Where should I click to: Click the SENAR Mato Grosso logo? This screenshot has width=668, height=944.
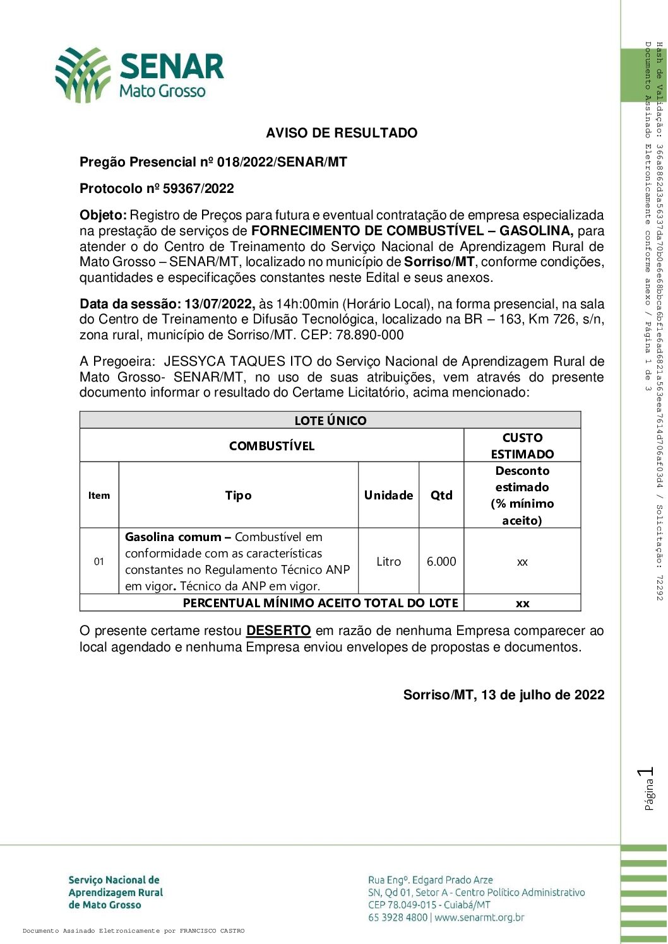pyautogui.click(x=140, y=74)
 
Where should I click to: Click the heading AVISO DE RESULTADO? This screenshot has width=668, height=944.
pyautogui.click(x=342, y=133)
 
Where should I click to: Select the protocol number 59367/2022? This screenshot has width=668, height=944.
pyautogui.click(x=198, y=189)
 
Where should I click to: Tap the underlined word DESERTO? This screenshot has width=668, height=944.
pyautogui.click(x=278, y=631)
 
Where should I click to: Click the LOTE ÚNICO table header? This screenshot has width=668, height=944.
pyautogui.click(x=330, y=421)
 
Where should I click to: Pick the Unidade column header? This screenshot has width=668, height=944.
pyautogui.click(x=388, y=495)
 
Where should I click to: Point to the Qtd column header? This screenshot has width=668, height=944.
pyautogui.click(x=441, y=495)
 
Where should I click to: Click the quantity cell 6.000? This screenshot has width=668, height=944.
pyautogui.click(x=441, y=561)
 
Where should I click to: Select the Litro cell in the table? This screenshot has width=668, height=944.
pyautogui.click(x=388, y=561)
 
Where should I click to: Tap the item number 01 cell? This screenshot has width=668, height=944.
pyautogui.click(x=99, y=561)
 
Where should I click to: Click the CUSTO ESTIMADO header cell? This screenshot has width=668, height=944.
pyautogui.click(x=522, y=445)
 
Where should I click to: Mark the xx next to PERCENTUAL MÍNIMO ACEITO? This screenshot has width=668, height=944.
pyautogui.click(x=522, y=603)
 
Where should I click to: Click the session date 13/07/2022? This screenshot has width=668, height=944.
pyautogui.click(x=219, y=304)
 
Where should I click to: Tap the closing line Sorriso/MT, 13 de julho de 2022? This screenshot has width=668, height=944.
pyautogui.click(x=504, y=695)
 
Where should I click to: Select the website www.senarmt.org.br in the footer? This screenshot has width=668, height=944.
pyautogui.click(x=479, y=918)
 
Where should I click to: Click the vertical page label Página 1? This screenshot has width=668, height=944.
pyautogui.click(x=647, y=788)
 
